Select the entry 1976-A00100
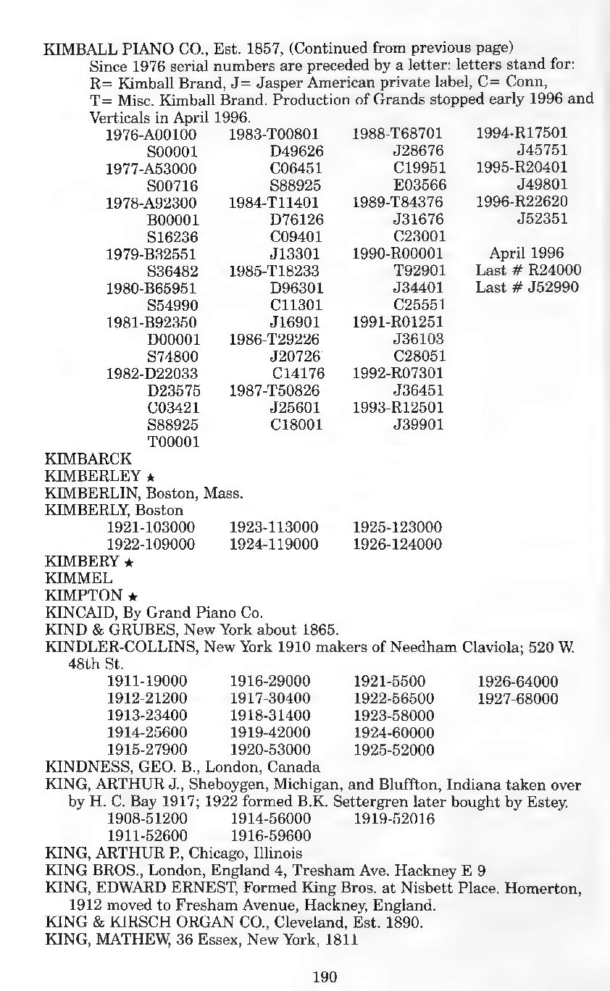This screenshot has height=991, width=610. tap(152, 134)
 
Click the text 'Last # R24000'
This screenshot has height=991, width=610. tap(528, 270)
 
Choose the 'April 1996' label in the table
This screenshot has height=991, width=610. tap(527, 254)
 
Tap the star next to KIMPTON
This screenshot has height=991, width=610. tap(133, 596)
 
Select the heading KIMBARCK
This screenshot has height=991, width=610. tap(88, 459)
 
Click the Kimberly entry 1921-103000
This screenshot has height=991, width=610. tap(151, 527)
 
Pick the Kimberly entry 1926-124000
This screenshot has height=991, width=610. tap(397, 544)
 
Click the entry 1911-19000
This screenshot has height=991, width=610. tap(147, 682)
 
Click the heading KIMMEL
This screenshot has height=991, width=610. tap(78, 578)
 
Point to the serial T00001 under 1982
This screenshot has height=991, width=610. tap(173, 442)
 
